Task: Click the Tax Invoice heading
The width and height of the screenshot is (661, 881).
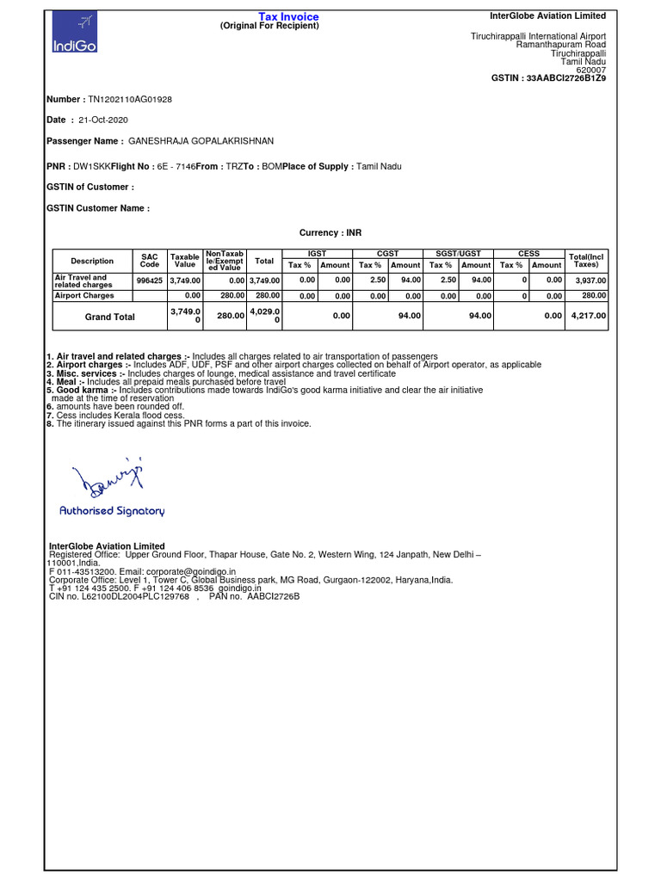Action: pos(288,16)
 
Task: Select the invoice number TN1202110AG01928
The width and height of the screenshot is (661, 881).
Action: pos(130,99)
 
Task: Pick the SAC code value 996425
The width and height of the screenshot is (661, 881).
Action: pos(149,280)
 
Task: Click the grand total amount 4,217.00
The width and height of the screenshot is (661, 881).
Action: pos(589,317)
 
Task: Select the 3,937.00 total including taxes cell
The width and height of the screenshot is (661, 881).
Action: pos(590,280)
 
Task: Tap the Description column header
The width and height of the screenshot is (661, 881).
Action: pos(92,261)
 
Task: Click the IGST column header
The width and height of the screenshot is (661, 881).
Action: pos(318,254)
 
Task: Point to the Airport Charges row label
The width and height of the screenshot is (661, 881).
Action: pos(84,295)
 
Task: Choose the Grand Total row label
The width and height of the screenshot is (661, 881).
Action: pos(109,317)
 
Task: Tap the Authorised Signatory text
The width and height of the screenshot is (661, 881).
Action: pos(112,511)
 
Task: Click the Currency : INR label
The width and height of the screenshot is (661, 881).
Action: pos(330,233)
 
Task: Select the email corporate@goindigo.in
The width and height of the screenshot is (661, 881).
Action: pos(186,571)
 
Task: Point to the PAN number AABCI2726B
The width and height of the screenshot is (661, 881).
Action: pos(273,596)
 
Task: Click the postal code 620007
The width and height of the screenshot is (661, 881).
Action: pos(590,70)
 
